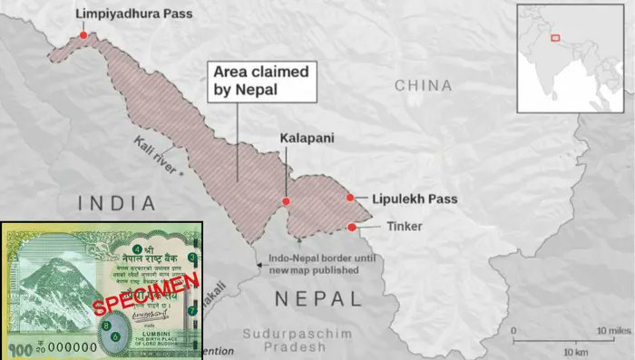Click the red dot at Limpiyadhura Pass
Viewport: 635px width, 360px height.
(x=83, y=35)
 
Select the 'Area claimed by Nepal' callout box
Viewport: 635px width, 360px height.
(x=263, y=81)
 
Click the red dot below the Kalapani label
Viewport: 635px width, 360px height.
(x=286, y=201)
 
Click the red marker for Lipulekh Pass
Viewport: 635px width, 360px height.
(x=350, y=198)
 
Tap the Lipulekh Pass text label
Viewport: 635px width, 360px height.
(x=415, y=199)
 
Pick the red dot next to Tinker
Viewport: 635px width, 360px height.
(x=350, y=227)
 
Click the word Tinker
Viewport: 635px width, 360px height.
(x=392, y=226)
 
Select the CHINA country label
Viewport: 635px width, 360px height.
(x=423, y=85)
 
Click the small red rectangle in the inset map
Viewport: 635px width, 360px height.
(x=555, y=40)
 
